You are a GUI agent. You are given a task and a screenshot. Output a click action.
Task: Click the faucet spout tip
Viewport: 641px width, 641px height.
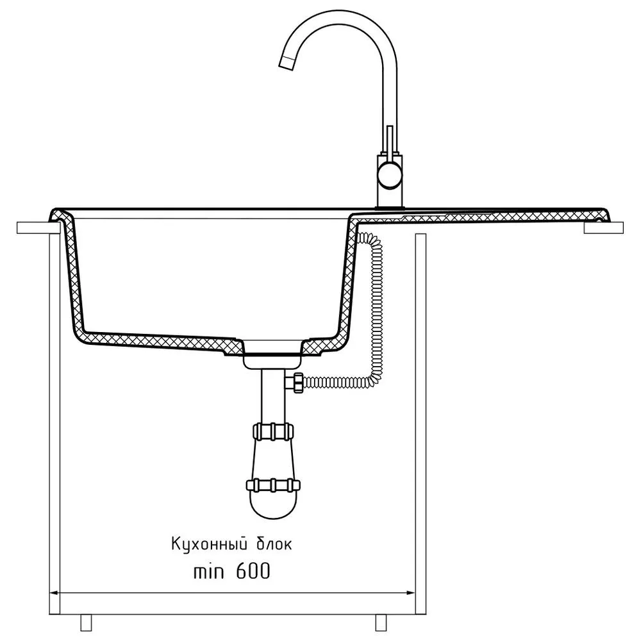pos(287,62)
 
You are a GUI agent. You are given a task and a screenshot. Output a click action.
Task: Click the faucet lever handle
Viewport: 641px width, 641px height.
pos(390,140)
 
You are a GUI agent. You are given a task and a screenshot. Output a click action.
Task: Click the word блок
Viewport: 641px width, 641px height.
pos(274,544)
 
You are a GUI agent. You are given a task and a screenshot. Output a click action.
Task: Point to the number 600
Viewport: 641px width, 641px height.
pos(253,571)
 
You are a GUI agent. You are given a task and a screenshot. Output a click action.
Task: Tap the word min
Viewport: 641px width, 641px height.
pos(208,571)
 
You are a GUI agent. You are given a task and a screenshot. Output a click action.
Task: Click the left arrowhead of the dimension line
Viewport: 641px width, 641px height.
pos(54,593)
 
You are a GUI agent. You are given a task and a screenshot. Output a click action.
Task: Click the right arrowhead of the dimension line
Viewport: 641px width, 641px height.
pos(410,593)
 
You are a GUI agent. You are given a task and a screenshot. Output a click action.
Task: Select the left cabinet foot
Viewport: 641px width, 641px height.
pos(87,622)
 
